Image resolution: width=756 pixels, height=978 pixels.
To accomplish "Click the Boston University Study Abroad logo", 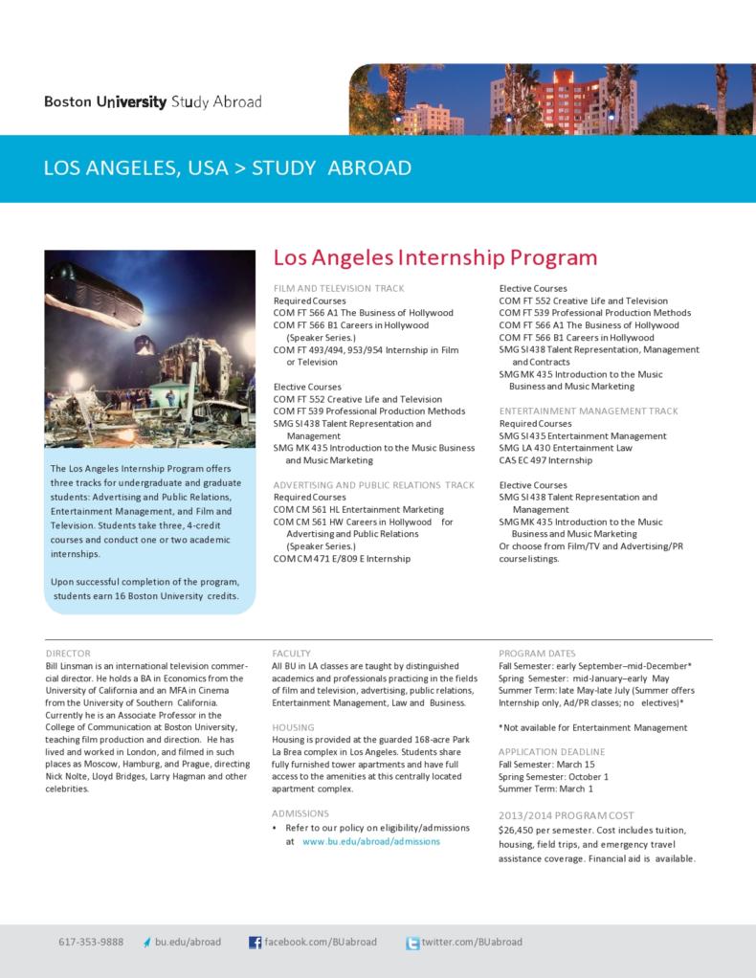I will pos(152,102).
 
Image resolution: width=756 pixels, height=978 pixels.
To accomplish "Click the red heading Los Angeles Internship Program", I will pos(435,257).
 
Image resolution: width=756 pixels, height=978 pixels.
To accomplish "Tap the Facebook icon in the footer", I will pos(256,943).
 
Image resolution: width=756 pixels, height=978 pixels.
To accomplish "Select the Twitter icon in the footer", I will pos(412,943).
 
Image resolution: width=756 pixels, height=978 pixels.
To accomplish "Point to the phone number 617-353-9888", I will pos(91,942).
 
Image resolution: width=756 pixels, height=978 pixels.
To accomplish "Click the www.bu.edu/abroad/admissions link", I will pos(370,841).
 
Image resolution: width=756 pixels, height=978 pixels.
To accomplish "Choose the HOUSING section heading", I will pos(294,727).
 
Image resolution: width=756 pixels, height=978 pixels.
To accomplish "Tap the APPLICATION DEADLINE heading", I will pos(550,752).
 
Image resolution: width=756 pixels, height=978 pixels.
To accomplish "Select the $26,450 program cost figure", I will pos(519,830).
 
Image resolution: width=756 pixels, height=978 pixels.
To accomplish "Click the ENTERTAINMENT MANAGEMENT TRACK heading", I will pos(588,411).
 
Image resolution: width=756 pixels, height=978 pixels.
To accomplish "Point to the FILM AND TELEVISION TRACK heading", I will pos(339,288).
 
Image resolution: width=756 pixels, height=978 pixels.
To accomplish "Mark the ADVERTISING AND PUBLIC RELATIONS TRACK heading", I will pos(373,485).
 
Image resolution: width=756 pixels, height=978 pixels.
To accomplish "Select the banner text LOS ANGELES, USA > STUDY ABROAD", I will pos(228,168).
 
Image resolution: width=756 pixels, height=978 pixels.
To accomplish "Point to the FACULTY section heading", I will pos(291,653).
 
